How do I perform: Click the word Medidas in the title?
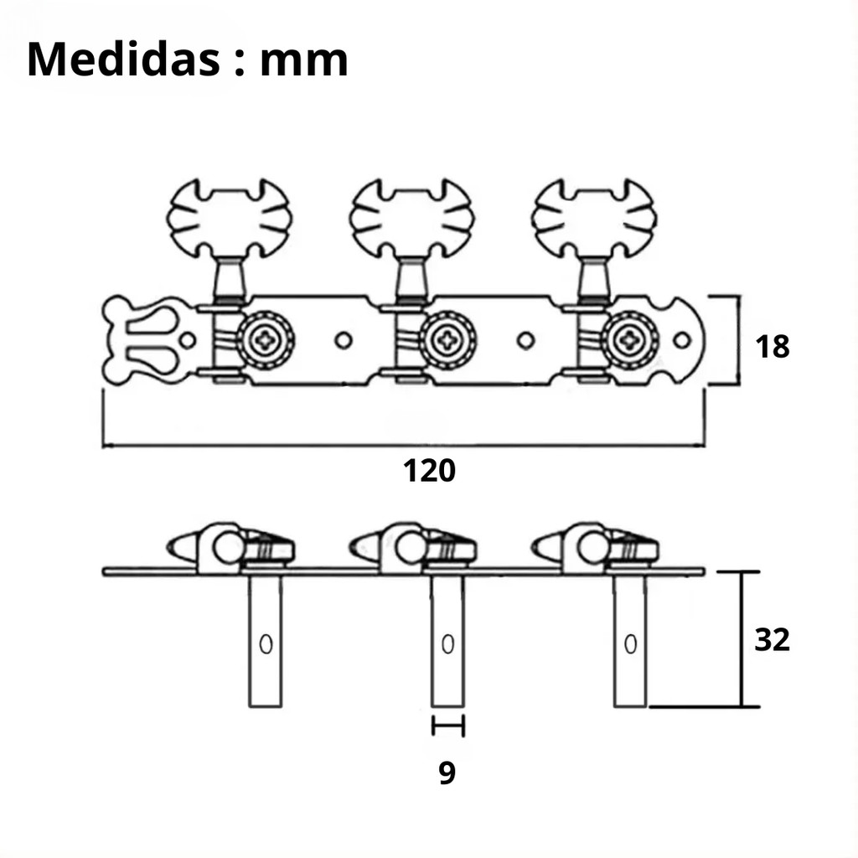(124, 59)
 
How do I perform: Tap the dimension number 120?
(429, 471)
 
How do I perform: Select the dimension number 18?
(772, 346)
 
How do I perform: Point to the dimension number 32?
(772, 639)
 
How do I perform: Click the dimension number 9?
(447, 773)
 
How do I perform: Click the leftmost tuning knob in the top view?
(230, 219)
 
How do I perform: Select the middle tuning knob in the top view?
(411, 219)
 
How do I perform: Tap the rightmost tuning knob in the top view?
(594, 219)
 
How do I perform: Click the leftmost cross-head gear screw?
(266, 340)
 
